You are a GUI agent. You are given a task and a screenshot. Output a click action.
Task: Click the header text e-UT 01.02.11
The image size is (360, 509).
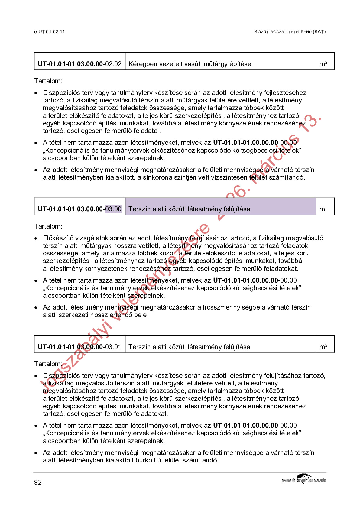pos(49,32)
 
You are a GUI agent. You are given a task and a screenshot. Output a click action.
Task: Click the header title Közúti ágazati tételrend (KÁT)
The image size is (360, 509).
pos(290,32)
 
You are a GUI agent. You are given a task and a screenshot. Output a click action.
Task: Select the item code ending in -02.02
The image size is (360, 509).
pos(79,64)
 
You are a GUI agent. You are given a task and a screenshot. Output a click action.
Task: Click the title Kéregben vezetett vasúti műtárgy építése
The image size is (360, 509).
pos(190,64)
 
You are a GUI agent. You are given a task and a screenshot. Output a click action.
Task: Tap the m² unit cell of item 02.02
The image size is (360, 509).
pos(323,64)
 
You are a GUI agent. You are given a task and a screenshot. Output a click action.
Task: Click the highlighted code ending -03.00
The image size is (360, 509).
pos(113,209)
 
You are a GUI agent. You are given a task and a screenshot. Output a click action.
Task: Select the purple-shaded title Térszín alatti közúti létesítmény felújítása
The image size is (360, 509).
pos(189,209)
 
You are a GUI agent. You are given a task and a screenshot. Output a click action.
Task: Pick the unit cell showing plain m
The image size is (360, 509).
pos(322,209)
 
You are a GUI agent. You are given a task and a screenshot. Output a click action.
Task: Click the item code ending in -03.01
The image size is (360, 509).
pos(79,347)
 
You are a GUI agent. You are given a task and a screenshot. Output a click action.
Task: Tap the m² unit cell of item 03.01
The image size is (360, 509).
pos(323,347)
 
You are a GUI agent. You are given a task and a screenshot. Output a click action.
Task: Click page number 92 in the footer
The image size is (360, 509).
pos(38,482)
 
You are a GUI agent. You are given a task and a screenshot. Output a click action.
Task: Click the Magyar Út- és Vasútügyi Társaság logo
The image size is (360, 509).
pos(303,479)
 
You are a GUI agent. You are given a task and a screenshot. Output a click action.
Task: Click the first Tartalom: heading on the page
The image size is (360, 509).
pos(48,81)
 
